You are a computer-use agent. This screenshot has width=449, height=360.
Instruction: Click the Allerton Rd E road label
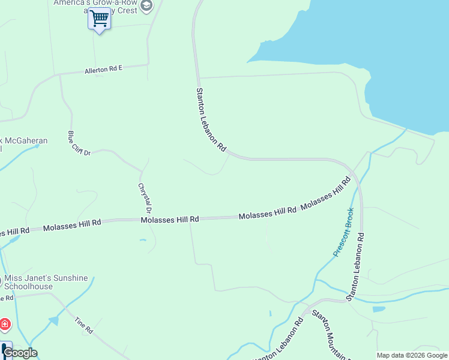103,69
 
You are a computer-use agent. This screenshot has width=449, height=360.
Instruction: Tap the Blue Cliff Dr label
79,144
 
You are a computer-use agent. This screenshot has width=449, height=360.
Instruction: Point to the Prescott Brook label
343,232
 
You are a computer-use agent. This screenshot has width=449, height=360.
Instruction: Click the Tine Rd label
83,326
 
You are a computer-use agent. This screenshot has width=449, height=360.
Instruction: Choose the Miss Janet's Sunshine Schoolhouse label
46,283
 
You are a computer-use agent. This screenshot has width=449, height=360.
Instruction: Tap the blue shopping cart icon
99,19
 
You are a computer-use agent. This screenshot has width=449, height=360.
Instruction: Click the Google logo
20,353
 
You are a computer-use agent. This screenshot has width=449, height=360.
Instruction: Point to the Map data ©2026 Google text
412,355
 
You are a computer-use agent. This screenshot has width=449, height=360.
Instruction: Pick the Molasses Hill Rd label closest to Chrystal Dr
170,220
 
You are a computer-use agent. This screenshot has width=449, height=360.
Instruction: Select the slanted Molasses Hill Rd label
325,193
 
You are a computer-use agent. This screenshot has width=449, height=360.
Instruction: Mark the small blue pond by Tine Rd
54,321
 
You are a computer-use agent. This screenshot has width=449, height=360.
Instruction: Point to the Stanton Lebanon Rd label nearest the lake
211,119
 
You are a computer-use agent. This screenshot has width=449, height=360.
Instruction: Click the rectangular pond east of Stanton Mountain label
379,310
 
